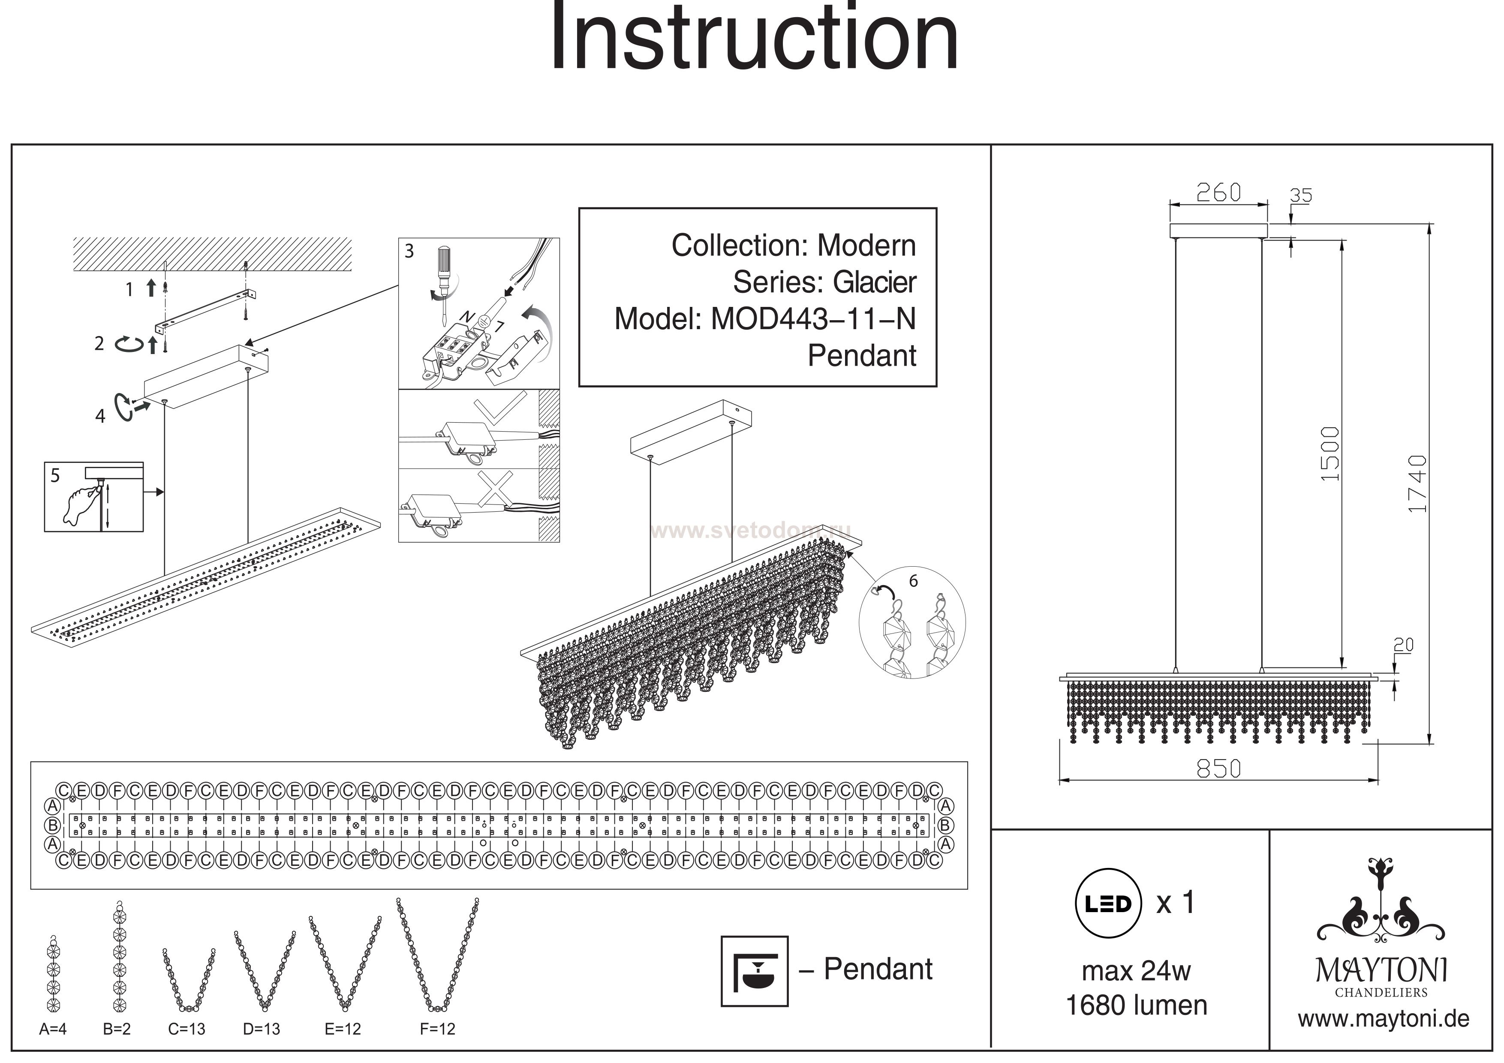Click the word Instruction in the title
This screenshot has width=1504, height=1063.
753,38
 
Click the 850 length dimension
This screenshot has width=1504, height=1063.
1218,768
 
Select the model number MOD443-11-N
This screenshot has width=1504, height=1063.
813,319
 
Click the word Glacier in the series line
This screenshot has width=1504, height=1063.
875,282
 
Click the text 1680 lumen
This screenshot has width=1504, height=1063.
1137,1006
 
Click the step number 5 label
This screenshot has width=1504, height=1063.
55,475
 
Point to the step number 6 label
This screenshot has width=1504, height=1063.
913,581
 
